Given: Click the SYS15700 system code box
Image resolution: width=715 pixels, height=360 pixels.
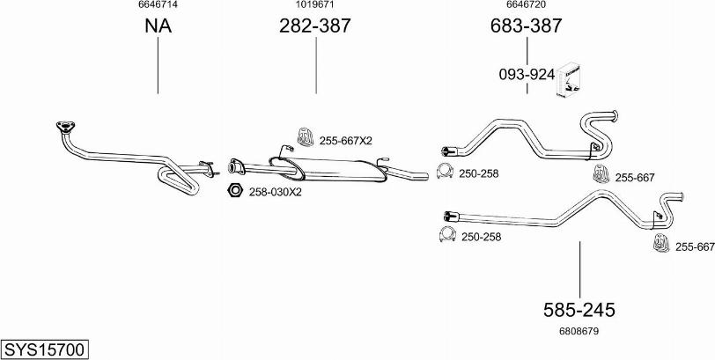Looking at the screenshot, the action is coord(45,350).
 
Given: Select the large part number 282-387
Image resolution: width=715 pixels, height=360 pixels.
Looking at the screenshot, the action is coord(315,26).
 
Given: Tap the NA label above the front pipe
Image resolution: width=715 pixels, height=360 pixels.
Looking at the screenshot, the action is coord(158,26).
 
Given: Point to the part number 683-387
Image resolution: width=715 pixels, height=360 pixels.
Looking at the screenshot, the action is coord(527,26).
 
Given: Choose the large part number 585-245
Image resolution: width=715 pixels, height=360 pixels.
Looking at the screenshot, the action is coord(579,310).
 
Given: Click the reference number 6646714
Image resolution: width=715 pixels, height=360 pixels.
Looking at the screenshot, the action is coord(158,4).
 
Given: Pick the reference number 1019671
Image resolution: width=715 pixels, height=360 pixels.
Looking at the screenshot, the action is coord(314,4).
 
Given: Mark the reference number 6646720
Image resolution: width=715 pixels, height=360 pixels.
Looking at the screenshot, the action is coord(527,4).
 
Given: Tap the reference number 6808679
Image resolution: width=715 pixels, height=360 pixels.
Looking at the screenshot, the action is coord(579,331).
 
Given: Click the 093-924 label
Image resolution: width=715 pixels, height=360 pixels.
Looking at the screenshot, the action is coord(527,75).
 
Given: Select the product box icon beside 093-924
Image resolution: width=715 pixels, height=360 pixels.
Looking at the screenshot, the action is coord(568,79).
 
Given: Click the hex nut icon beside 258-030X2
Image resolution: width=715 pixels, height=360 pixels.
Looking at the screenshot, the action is coord(234,190).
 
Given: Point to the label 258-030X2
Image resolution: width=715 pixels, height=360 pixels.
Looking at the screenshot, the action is coord(275,192).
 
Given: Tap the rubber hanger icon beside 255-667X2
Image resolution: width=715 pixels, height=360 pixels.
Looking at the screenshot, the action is coord(305,136).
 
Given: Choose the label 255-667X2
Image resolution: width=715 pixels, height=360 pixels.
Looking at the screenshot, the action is coord(346,141).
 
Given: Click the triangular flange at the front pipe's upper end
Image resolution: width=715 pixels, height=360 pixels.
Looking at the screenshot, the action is coord(66,127).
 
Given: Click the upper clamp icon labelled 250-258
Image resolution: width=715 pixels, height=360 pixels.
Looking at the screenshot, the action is coord(445,171).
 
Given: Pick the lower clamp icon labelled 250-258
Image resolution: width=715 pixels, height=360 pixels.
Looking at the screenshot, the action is coord(447,234).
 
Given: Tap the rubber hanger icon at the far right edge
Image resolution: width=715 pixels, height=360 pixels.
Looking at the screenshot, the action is coord(661,242).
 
